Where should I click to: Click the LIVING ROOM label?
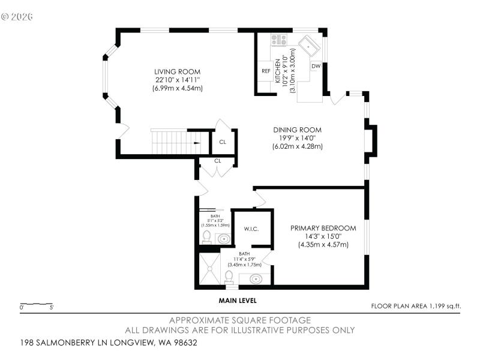177,71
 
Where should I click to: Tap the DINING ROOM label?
297,130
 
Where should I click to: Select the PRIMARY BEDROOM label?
323,228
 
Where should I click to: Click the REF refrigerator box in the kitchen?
266,71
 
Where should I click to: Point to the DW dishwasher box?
316,66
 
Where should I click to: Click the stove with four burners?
278,40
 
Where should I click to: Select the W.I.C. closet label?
251,229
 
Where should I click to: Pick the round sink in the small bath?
223,239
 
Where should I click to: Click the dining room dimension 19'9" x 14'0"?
297,138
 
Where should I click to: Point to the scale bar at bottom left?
36,304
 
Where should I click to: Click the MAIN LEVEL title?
238,301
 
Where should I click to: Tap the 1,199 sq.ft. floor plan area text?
416,306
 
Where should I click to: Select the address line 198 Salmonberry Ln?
108,343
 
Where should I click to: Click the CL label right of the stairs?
222,142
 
